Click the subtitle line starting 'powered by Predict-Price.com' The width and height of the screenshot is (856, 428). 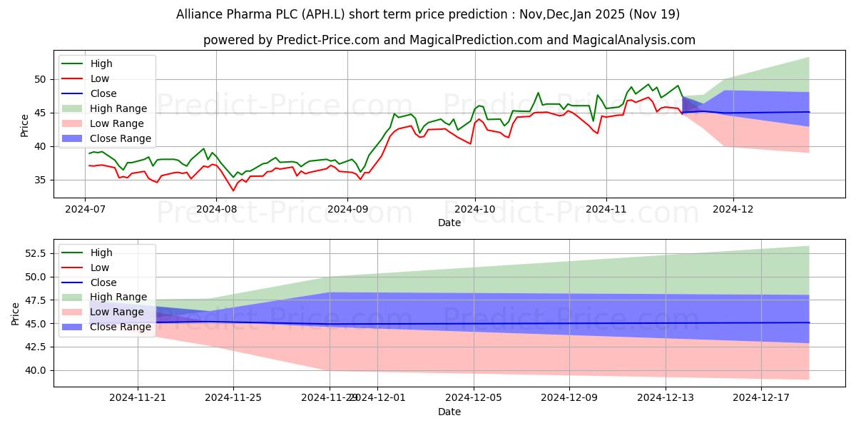point(449,40)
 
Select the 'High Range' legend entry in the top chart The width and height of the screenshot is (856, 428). point(118,108)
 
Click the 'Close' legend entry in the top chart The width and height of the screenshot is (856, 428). point(103,93)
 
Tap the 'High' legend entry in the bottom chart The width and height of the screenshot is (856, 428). point(101,253)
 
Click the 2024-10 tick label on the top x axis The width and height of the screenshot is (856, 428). point(475,209)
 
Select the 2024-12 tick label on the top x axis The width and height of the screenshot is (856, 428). point(733,209)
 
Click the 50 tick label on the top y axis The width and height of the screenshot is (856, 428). point(39,79)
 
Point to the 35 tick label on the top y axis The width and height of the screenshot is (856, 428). point(39,180)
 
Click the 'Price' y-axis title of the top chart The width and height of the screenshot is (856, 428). point(25,125)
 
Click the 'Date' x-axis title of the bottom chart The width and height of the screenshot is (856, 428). point(449,412)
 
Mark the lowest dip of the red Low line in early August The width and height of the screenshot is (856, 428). point(233,190)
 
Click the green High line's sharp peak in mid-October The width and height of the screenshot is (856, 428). point(538,93)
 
